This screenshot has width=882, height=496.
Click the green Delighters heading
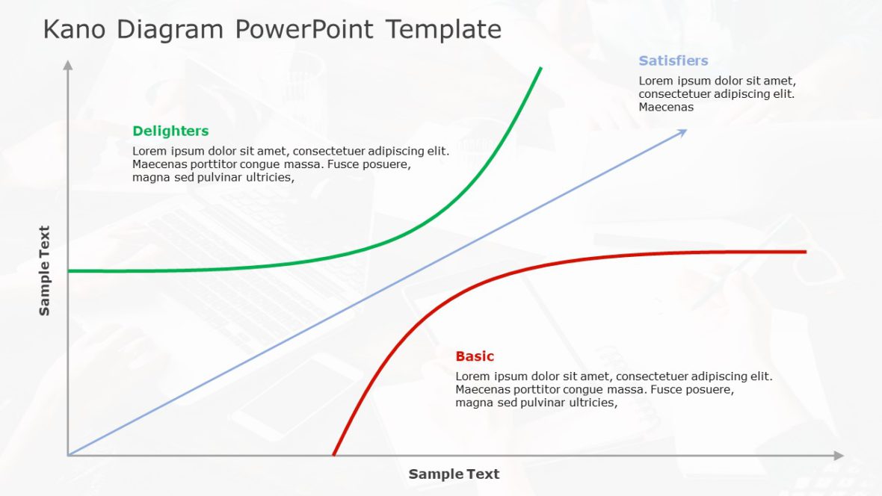(170, 131)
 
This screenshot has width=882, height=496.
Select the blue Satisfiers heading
(673, 61)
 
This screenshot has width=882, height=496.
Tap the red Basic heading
(475, 356)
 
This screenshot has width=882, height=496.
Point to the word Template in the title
(444, 30)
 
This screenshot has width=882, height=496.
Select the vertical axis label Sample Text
(45, 270)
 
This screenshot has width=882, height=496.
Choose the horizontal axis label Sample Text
(454, 474)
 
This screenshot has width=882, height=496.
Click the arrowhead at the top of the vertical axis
(68, 65)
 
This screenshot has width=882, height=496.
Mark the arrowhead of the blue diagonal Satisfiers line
(682, 132)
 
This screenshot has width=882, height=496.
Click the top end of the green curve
(540, 68)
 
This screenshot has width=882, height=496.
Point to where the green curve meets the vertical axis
(69, 270)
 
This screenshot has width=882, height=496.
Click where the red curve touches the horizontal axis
(333, 454)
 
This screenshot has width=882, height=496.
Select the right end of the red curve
(805, 252)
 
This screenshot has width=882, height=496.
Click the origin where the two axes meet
(68, 455)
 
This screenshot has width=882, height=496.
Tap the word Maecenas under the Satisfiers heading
(666, 107)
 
